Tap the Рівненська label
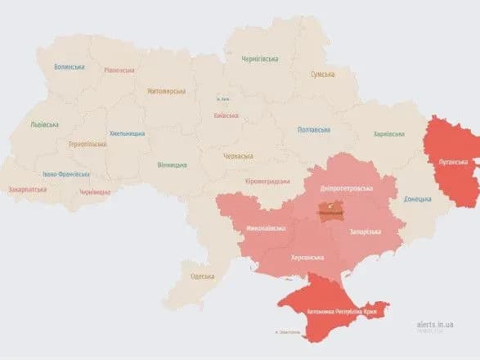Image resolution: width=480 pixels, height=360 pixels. (119, 70)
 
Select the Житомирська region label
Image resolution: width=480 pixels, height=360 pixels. (167, 92)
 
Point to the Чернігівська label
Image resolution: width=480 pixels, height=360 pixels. (261, 59)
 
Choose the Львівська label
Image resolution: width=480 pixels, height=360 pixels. (44, 124)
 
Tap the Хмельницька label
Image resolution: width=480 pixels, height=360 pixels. (128, 133)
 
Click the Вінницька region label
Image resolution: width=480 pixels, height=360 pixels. (172, 164)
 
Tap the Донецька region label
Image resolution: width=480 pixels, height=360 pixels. (418, 199)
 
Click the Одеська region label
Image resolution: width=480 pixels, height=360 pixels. (203, 277)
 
